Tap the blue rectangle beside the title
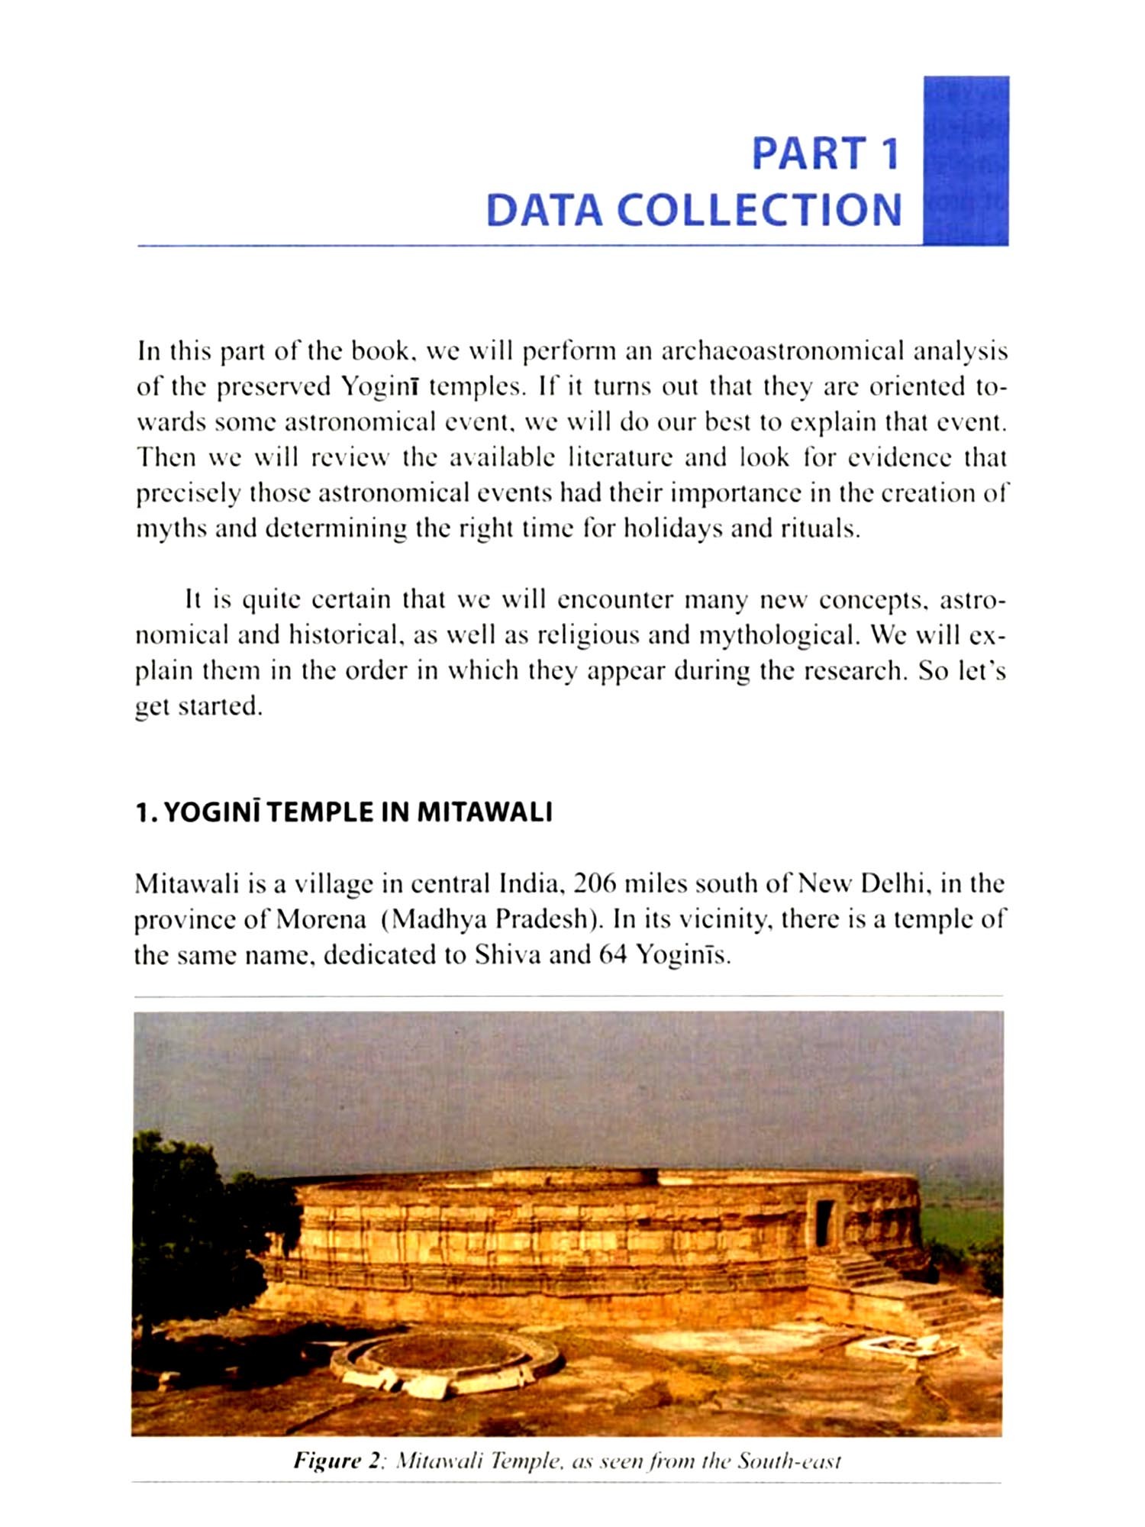966,160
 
